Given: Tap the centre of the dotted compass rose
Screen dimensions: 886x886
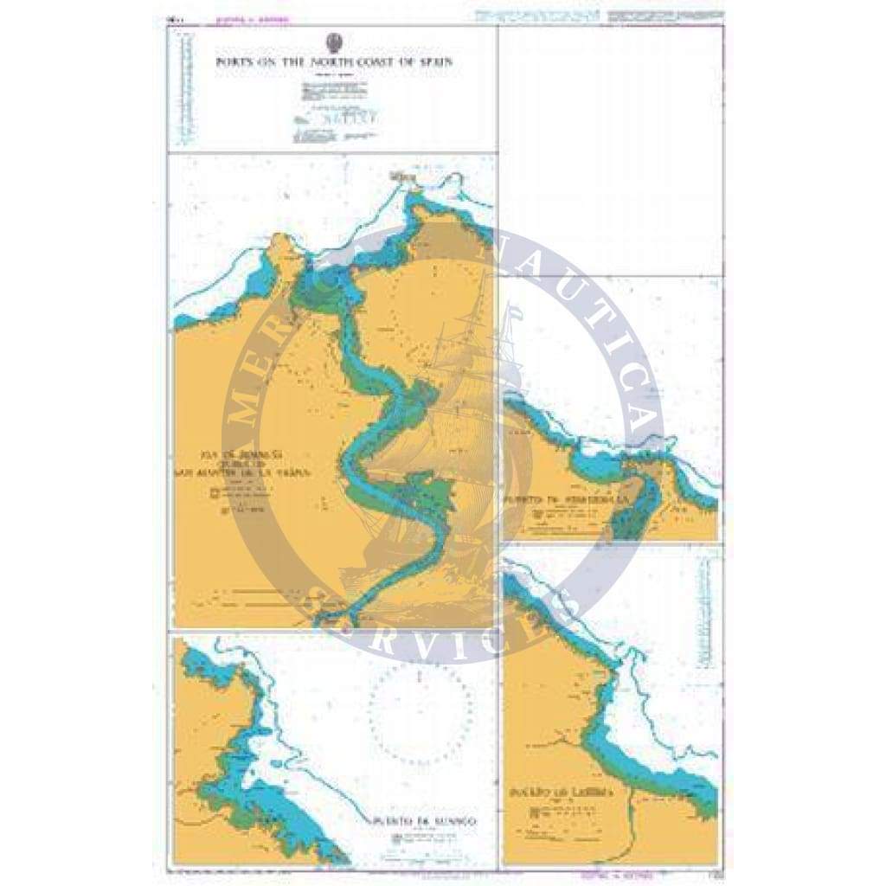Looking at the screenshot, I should (418, 715).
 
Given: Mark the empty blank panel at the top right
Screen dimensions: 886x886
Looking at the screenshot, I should (611, 151).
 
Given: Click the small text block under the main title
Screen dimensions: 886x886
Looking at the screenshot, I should (333, 112).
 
